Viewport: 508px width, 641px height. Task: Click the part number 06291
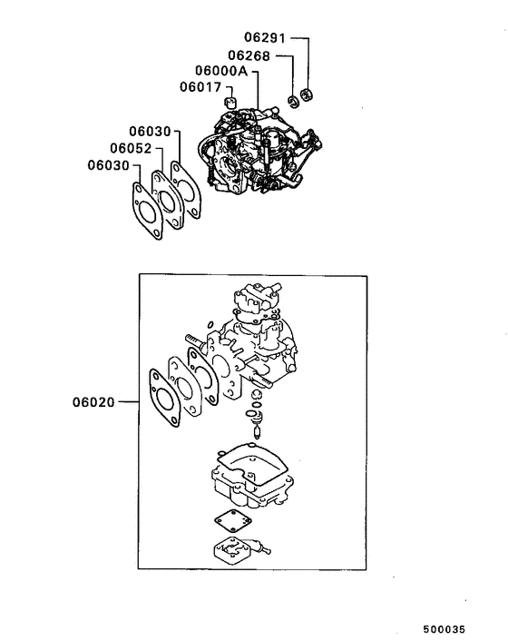[264, 39]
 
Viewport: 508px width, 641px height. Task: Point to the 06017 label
[200, 87]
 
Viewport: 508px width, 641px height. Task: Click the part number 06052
[132, 148]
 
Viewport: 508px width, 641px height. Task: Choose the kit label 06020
[94, 400]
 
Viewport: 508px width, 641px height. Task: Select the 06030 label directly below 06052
[109, 164]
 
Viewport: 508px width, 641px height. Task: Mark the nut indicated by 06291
[308, 94]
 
